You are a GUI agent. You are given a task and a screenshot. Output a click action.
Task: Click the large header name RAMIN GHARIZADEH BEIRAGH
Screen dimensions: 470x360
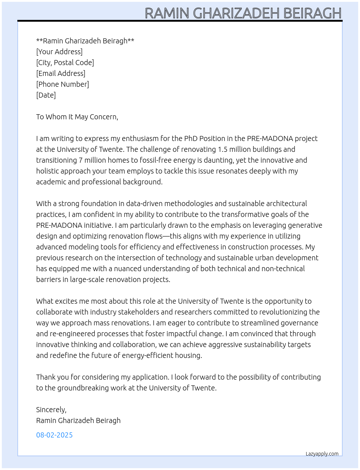pos(243,13)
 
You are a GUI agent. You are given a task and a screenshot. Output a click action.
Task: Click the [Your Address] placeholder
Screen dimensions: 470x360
pos(59,52)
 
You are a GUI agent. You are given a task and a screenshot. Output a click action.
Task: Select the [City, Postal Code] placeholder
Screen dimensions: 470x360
pos(65,63)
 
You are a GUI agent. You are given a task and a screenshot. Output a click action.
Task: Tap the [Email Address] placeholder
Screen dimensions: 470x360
pos(61,73)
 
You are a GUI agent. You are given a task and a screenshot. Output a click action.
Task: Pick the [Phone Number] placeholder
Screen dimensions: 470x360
pos(63,84)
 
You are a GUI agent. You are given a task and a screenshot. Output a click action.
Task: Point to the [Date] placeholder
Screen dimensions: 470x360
pos(46,95)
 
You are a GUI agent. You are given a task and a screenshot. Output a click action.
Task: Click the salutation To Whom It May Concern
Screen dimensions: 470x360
pos(77,117)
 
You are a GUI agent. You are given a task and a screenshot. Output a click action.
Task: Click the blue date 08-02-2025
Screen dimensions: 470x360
pos(54,435)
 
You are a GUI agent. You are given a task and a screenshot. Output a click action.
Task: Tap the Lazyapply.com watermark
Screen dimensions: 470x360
pos(322,454)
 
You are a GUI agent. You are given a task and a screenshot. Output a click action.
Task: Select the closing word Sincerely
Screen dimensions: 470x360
pos(51,410)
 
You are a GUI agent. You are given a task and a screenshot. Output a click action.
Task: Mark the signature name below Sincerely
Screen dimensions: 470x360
pos(78,420)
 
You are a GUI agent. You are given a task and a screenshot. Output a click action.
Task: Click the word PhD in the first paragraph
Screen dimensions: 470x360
pos(191,138)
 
